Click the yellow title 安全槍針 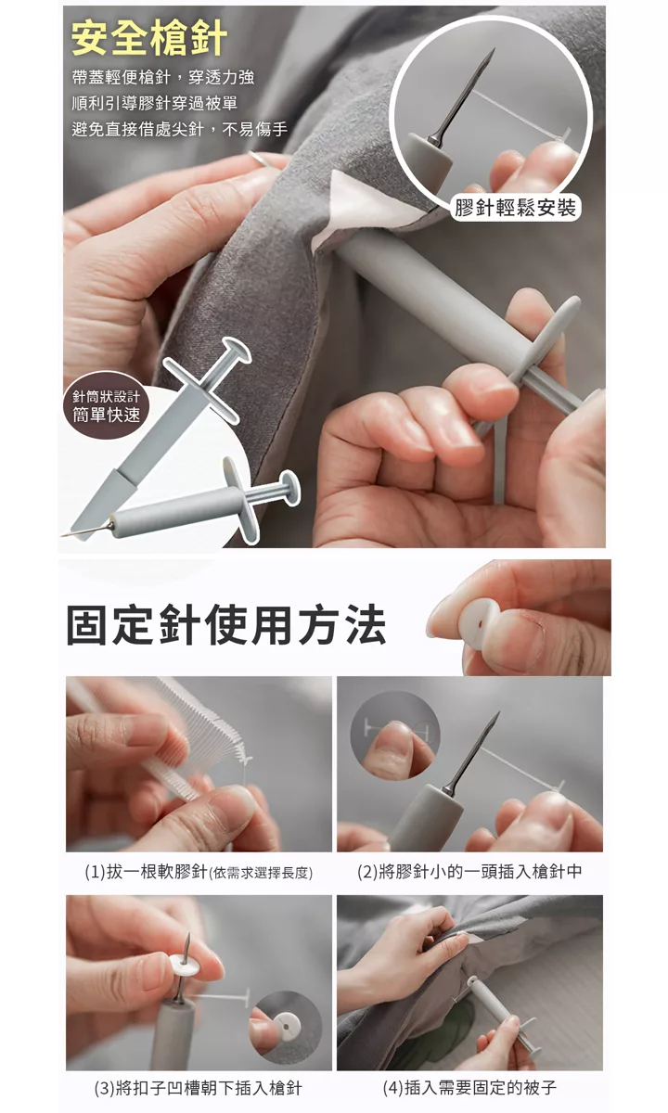point(149,39)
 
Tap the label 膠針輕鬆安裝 point(516,207)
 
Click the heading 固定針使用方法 point(226,624)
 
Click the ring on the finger point(261,159)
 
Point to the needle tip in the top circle point(494,49)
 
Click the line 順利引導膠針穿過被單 point(155,103)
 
